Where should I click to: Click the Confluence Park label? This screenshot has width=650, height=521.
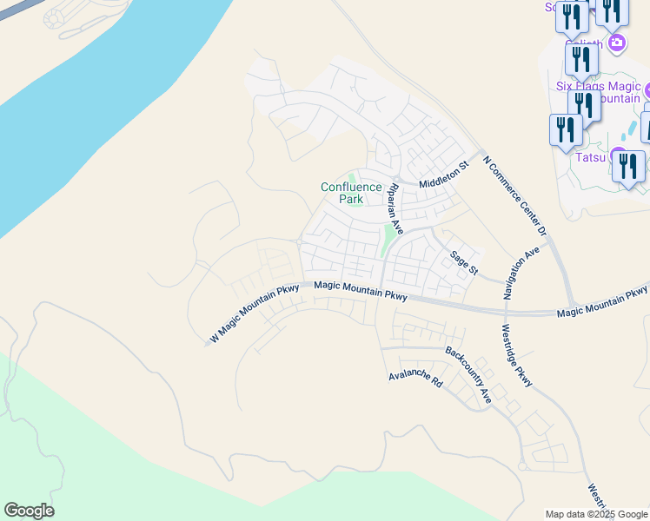pos(351,193)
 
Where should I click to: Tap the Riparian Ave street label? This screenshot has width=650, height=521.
pos(395,209)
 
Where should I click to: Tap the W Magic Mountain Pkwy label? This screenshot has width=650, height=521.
pos(254,313)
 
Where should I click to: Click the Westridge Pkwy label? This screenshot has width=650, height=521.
pos(516,355)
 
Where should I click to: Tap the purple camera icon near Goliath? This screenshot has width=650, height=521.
pos(617,43)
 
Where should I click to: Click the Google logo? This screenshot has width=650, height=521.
pos(29,511)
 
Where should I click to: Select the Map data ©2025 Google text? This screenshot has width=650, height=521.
pos(596,514)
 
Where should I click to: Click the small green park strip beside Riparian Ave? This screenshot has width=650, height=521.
pos(385,241)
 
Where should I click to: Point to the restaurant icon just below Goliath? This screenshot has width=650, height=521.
pos(581,58)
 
